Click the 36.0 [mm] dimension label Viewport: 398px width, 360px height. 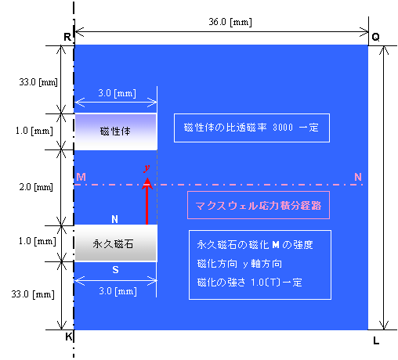pyautogui.click(x=230, y=22)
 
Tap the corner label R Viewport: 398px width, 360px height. pyautogui.click(x=67, y=37)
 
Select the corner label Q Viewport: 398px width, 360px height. pyautogui.click(x=375, y=37)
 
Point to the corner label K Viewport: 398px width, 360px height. pyautogui.click(x=68, y=337)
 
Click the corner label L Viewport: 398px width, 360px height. pyautogui.click(x=376, y=340)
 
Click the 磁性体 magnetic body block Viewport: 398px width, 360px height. pyautogui.click(x=116, y=131)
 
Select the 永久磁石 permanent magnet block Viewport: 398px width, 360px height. pyautogui.click(x=116, y=243)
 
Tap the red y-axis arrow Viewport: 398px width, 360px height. pyautogui.click(x=147, y=201)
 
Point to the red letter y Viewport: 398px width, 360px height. pyautogui.click(x=147, y=168)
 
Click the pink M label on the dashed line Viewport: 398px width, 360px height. pyautogui.click(x=81, y=177)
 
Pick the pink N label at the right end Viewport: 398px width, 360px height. pyautogui.click(x=358, y=177)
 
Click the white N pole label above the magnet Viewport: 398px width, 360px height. pyautogui.click(x=114, y=219)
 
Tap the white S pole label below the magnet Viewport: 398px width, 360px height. pyautogui.click(x=115, y=269)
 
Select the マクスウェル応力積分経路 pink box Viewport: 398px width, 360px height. pyautogui.click(x=259, y=205)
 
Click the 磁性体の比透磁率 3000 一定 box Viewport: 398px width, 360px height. pyautogui.click(x=251, y=128)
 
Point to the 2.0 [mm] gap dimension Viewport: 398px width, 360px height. pyautogui.click(x=36, y=187)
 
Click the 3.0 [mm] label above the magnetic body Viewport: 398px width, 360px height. pyautogui.click(x=117, y=93)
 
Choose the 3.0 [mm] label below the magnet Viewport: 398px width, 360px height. pyautogui.click(x=118, y=291)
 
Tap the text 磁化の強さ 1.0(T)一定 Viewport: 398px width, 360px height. pyautogui.click(x=250, y=283)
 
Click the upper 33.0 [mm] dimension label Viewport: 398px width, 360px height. pyautogui.click(x=38, y=82)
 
